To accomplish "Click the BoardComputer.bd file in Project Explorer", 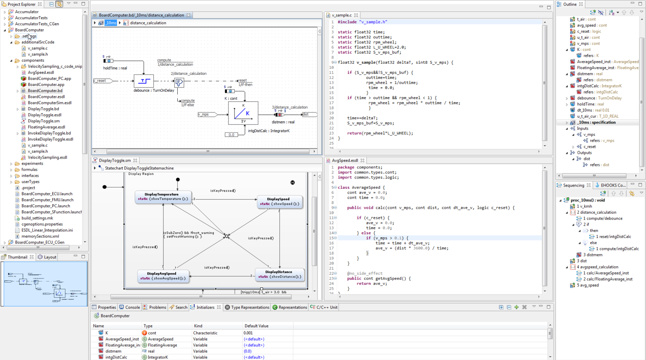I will (45, 91).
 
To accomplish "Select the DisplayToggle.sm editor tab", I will (114, 160).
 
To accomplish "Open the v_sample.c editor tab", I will (341, 15).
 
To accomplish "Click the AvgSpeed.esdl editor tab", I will (344, 160).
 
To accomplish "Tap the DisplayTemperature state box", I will (163, 197).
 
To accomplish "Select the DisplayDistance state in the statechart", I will (279, 274).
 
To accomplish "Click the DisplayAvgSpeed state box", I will (163, 276).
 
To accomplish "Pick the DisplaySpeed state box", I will (279, 201).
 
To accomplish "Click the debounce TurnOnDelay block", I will (144, 81).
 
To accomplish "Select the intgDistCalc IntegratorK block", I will (243, 113).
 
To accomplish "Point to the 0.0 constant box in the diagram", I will (231, 135).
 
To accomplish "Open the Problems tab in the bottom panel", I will (157, 307).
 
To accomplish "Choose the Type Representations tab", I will (249, 307).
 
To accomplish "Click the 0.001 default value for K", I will (248, 333).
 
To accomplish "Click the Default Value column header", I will (256, 326).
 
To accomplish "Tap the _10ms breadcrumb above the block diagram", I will (111, 23).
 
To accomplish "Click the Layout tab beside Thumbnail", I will (50, 257).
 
